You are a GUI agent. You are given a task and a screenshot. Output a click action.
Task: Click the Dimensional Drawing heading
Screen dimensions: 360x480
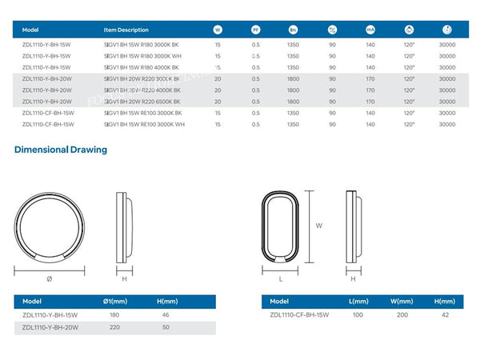tap(60, 150)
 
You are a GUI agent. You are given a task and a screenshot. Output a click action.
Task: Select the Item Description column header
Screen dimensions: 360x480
tap(126, 30)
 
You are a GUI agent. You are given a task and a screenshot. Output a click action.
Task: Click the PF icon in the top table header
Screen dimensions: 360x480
tap(255, 30)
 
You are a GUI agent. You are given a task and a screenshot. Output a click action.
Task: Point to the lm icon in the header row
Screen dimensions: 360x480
tap(293, 30)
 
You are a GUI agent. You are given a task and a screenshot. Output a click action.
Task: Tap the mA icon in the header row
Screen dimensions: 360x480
tap(370, 30)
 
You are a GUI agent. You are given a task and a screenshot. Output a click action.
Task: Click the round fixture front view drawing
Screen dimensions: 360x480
tap(50, 228)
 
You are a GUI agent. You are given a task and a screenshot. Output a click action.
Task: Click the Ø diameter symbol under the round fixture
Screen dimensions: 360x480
tap(50, 278)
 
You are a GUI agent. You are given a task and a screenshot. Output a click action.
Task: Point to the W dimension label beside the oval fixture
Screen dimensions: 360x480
tap(318, 226)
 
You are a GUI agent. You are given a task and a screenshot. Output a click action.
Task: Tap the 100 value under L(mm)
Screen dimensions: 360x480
tap(358, 315)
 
